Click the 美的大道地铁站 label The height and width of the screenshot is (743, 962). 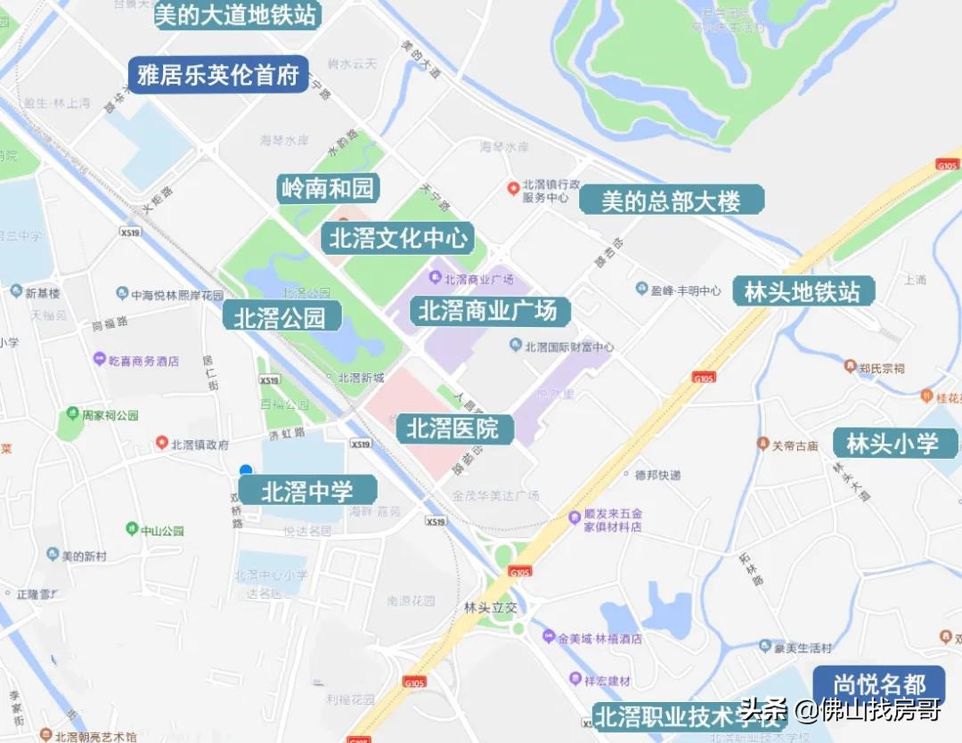[237, 14]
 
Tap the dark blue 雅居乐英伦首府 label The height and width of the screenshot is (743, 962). [218, 75]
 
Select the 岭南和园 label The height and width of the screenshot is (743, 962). [328, 189]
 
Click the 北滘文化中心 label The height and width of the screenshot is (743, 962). [397, 239]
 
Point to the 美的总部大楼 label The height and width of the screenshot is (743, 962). [672, 200]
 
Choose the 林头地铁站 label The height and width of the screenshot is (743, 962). [803, 291]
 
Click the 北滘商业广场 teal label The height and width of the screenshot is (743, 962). [488, 311]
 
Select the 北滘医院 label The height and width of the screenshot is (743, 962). [454, 429]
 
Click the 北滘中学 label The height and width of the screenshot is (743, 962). [308, 490]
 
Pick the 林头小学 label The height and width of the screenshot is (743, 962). [893, 443]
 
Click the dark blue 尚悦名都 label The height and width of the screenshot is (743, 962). [879, 685]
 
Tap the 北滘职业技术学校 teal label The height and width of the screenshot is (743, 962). [686, 715]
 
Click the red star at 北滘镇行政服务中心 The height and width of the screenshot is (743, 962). [513, 188]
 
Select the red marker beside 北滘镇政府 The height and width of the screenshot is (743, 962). [162, 442]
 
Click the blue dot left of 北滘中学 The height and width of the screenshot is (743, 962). [246, 470]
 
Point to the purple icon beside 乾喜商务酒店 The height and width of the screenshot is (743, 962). [100, 359]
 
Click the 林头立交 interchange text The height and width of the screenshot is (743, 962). [490, 608]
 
